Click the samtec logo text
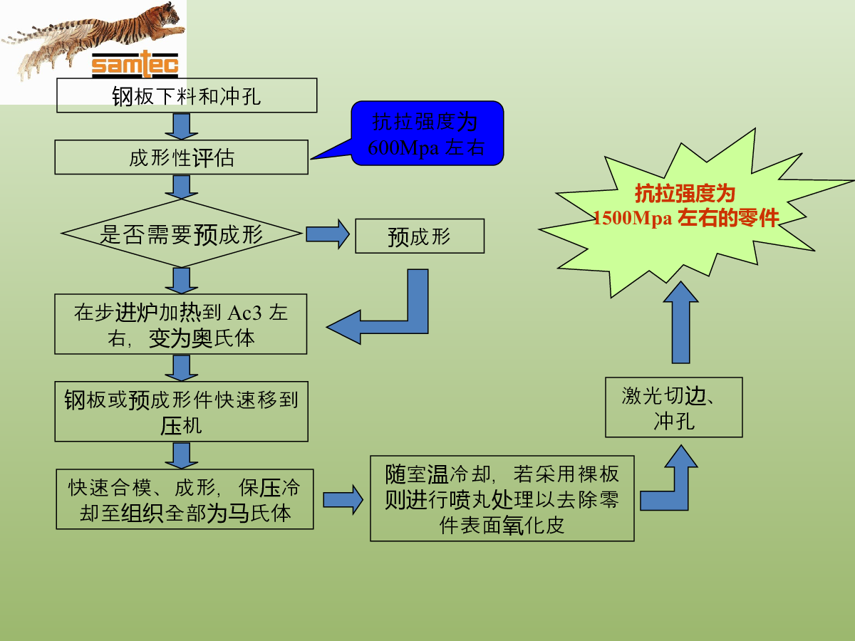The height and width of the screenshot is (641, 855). (x=135, y=64)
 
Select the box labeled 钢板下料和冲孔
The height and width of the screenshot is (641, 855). (x=187, y=95)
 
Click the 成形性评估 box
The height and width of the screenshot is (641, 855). (x=182, y=157)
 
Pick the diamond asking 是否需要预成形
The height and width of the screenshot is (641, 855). (x=182, y=234)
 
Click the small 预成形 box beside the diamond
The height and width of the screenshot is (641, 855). (x=420, y=236)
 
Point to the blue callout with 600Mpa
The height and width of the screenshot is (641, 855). (x=427, y=133)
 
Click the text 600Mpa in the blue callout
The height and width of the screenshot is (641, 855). (x=403, y=148)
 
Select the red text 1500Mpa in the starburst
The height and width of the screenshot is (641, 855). (x=633, y=218)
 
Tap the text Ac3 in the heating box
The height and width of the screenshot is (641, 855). (x=244, y=313)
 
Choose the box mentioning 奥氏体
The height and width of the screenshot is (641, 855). (x=181, y=324)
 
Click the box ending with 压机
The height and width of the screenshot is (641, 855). (x=182, y=412)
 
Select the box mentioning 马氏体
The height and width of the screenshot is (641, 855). (x=185, y=499)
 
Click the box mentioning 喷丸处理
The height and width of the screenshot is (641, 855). (x=502, y=499)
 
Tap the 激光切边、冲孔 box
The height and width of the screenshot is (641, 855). (x=674, y=407)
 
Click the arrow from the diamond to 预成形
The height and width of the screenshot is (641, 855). (x=328, y=234)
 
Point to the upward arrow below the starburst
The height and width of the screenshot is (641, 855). (x=681, y=323)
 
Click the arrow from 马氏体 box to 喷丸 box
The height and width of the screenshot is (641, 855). (x=343, y=500)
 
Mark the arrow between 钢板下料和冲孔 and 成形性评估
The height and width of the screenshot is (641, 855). (x=182, y=127)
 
